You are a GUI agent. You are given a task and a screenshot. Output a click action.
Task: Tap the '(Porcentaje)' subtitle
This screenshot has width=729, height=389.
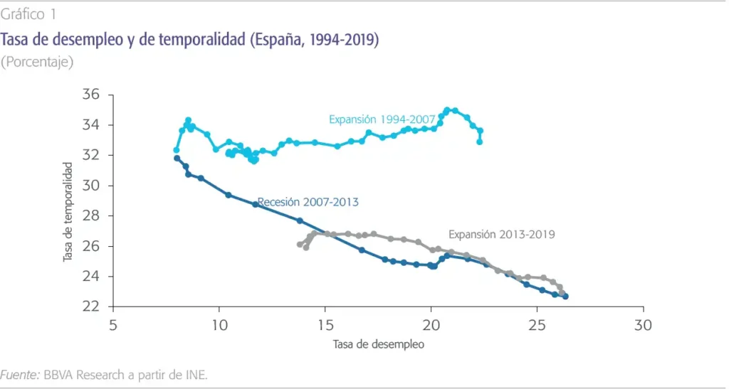(x=37, y=62)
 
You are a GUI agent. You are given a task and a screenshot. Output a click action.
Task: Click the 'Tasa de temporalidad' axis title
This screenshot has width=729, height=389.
(x=68, y=211)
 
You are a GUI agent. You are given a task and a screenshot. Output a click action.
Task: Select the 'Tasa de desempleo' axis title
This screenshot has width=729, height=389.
(x=378, y=345)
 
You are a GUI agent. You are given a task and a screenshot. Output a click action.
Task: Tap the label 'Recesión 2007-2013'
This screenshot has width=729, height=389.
(x=308, y=203)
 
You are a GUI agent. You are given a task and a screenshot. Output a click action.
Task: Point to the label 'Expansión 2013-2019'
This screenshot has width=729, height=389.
(x=501, y=233)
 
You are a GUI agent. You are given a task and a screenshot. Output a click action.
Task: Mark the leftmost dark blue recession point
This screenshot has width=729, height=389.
(x=177, y=158)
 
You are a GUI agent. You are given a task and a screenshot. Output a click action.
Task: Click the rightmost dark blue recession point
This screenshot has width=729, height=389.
(x=565, y=296)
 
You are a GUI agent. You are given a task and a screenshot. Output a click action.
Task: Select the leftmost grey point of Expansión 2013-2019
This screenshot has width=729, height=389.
(x=300, y=245)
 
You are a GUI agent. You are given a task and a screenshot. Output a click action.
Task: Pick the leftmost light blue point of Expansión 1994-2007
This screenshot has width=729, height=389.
(x=177, y=150)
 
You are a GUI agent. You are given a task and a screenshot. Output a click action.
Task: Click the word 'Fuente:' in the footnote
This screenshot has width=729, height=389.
(x=21, y=374)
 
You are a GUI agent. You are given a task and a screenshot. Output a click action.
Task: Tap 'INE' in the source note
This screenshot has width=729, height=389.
(x=195, y=374)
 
